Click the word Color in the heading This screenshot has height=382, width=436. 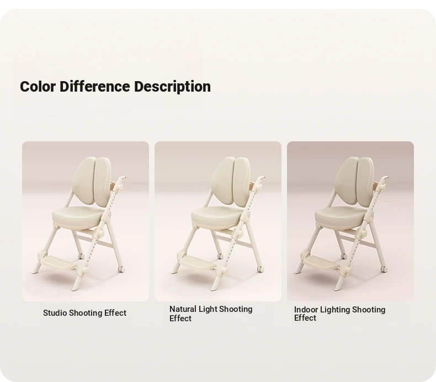(38, 86)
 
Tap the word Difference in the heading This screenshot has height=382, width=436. (94, 86)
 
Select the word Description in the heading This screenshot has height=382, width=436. (172, 87)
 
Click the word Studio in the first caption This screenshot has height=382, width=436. (55, 313)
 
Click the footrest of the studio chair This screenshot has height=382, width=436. (59, 262)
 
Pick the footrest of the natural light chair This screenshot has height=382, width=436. (197, 262)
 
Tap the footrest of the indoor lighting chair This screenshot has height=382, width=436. (321, 262)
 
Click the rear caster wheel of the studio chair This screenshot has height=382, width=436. (81, 256)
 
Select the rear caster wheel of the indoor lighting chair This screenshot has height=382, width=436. (343, 256)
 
